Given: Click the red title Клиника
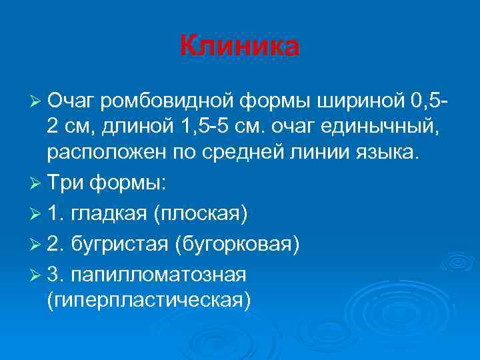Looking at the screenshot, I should tap(240, 46).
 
